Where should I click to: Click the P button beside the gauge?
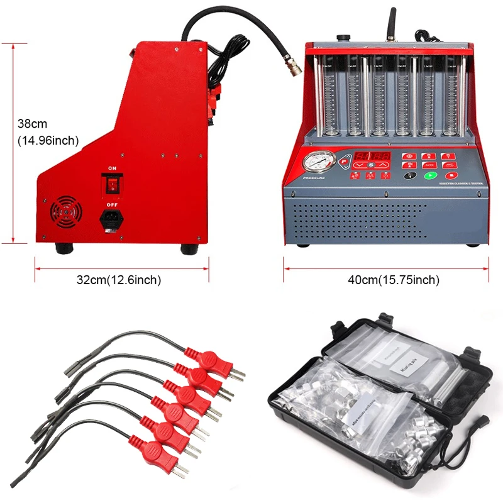(x=343, y=162)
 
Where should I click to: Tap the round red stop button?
(x=450, y=177)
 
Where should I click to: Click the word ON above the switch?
(x=113, y=169)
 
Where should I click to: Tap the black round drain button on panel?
(x=411, y=177)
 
